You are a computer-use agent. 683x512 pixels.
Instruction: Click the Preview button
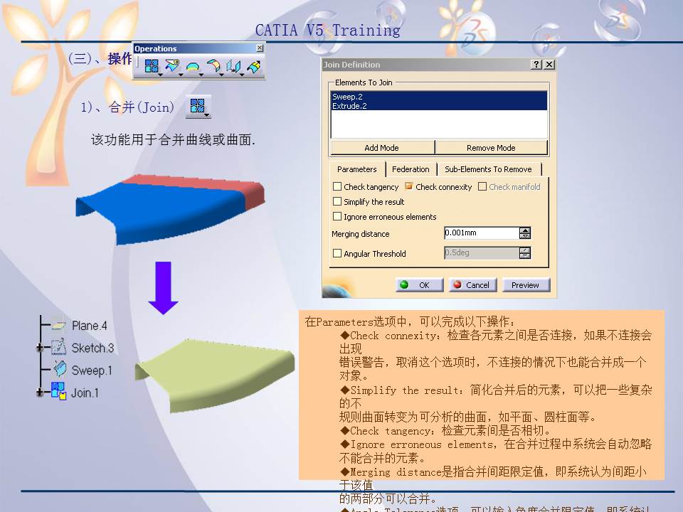pos(525,285)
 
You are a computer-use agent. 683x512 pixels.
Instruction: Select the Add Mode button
pos(381,148)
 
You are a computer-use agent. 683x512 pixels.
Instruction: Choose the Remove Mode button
pos(491,148)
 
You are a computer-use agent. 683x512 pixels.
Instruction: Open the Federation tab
pos(411,169)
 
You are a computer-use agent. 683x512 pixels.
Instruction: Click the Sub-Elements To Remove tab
pos(488,169)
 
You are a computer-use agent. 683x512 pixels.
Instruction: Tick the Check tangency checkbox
pos(338,187)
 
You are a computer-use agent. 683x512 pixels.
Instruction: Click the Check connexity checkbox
pos(409,187)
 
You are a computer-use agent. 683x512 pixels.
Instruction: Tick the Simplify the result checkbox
pos(338,202)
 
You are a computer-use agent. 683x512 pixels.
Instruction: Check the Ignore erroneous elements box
pos(338,217)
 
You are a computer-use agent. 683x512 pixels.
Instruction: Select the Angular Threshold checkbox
pos(338,253)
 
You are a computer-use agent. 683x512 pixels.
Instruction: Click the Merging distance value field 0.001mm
pos(481,233)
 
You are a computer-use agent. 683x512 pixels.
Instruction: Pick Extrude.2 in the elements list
pos(349,106)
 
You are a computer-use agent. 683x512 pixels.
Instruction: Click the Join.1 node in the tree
pos(85,393)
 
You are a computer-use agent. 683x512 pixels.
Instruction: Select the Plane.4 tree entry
pos(89,326)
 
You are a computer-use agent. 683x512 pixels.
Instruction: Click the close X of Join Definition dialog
pos(549,65)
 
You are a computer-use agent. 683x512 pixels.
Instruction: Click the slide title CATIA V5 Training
pos(327,30)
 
